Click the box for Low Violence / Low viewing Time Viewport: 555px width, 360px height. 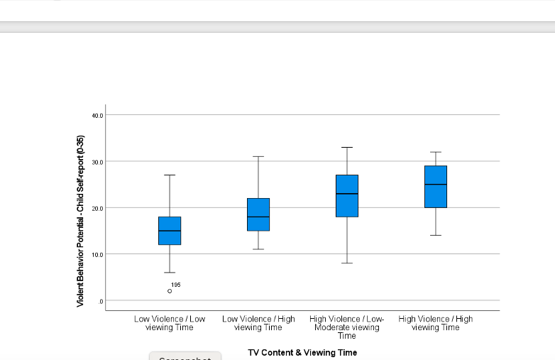(x=170, y=231)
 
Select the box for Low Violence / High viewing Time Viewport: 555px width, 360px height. (x=258, y=214)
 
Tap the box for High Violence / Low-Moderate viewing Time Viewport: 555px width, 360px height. (x=347, y=196)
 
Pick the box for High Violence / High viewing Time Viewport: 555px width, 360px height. (x=436, y=187)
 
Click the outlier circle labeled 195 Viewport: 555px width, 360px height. (x=170, y=291)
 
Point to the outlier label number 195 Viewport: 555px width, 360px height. (x=176, y=285)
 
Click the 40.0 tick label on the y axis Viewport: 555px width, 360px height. (x=97, y=115)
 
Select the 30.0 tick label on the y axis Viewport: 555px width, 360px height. (x=97, y=162)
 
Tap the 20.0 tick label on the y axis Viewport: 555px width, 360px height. (x=97, y=208)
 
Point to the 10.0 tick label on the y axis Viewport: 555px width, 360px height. (x=97, y=254)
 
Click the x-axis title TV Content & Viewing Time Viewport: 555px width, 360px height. (x=302, y=352)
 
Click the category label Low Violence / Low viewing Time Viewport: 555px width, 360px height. (x=170, y=323)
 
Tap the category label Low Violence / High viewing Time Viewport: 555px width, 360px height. (x=258, y=323)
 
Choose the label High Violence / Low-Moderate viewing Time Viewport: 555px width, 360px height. (x=347, y=327)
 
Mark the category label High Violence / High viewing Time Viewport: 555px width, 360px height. (x=436, y=323)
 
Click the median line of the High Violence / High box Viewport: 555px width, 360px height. (x=436, y=185)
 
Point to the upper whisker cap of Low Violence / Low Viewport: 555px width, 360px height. (x=170, y=175)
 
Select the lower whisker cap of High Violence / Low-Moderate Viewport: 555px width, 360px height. (x=347, y=263)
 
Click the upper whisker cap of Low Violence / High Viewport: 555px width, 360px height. (x=258, y=156)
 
